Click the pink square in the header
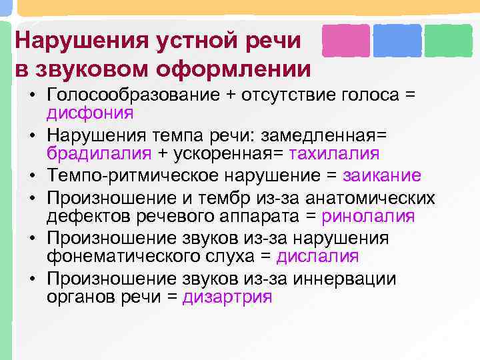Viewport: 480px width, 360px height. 345,40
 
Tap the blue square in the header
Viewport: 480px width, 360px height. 397,40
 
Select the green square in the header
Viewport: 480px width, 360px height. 448,40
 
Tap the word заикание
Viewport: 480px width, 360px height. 381,175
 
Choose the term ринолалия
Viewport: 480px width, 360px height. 368,216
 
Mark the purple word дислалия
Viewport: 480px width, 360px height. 317,257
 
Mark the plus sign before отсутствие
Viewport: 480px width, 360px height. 230,95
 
